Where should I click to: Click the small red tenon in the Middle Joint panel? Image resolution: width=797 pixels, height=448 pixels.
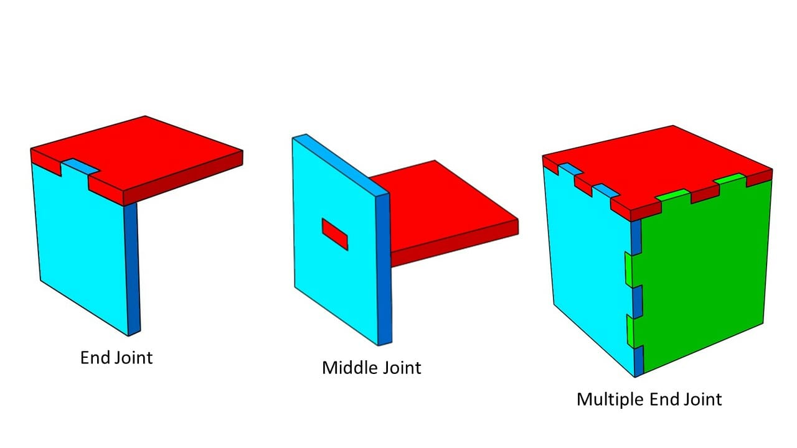pos(334,234)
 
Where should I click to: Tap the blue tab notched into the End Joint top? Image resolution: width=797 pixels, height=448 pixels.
pos(80,166)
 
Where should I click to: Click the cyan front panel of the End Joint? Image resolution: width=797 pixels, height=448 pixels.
pos(81,243)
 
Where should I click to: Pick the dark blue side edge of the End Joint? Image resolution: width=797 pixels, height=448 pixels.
pos(131,268)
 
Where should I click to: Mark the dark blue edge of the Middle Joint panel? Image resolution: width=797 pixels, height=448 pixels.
pos(384,268)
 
